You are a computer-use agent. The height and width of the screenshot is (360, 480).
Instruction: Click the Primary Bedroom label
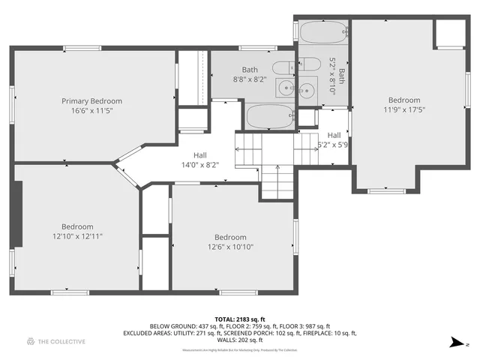point(91,100)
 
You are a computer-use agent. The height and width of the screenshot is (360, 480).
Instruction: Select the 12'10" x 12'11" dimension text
point(77,236)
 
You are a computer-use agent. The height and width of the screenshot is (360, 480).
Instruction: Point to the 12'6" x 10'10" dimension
point(230,247)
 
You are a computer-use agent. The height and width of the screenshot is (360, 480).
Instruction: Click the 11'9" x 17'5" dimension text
point(403,109)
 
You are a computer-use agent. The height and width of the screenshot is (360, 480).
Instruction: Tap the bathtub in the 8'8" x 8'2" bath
point(270,116)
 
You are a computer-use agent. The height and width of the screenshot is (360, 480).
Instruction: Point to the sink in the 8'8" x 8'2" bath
point(284,88)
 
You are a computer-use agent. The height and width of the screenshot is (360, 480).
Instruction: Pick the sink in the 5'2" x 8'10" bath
point(307,91)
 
